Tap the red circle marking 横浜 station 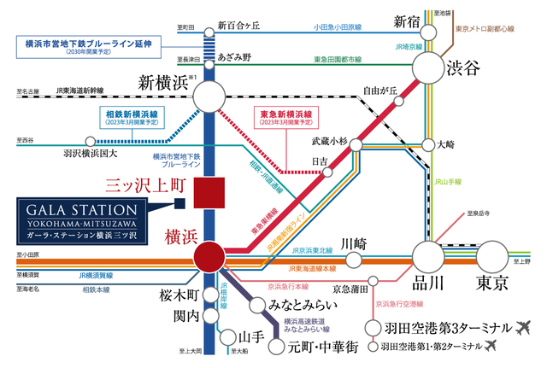point(209,255)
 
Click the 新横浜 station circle point(209,99)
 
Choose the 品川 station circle point(429,256)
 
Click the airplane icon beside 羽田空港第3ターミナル point(524,327)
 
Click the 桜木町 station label point(178,295)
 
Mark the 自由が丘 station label point(380,89)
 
